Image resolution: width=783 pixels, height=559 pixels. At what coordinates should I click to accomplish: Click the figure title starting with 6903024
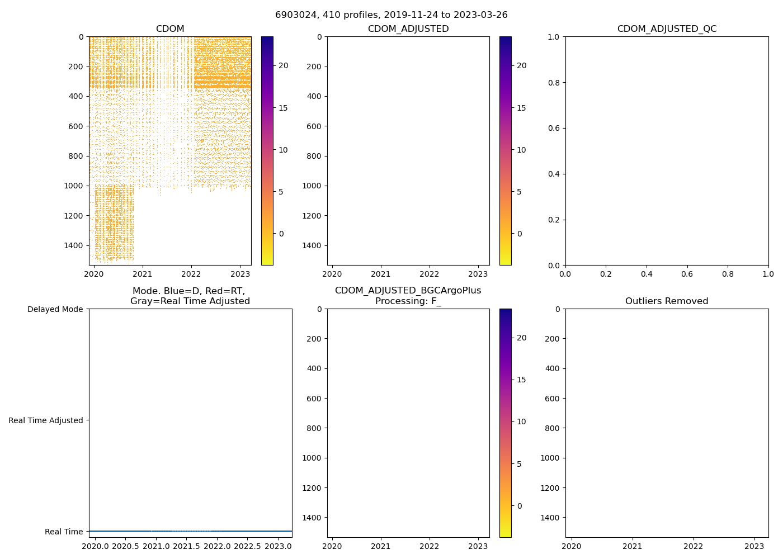(391, 15)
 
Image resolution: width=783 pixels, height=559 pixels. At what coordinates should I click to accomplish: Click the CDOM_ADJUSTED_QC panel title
(667, 29)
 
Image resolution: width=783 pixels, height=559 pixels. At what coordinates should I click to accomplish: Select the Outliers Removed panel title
(667, 301)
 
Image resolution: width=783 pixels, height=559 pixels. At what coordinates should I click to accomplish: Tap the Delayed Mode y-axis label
(55, 309)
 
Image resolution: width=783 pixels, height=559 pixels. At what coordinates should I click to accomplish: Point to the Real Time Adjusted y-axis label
(46, 420)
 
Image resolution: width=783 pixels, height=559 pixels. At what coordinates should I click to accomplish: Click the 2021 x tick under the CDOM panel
(142, 274)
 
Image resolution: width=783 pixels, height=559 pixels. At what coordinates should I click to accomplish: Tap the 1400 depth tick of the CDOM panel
(74, 245)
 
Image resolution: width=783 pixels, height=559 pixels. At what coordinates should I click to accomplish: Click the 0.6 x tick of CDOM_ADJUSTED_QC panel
(687, 274)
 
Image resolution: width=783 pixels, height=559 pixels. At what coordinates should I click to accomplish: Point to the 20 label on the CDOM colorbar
(284, 65)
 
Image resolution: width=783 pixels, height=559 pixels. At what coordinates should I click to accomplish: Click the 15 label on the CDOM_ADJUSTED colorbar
(521, 108)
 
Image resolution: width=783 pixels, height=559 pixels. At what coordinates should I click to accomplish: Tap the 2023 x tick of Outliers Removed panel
(754, 546)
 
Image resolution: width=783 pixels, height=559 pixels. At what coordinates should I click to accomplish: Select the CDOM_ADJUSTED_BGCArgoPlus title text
(408, 291)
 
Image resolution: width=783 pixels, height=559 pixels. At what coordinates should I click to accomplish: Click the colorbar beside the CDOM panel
(267, 151)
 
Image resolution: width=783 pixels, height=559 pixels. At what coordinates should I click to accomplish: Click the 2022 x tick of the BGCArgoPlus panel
(430, 546)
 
